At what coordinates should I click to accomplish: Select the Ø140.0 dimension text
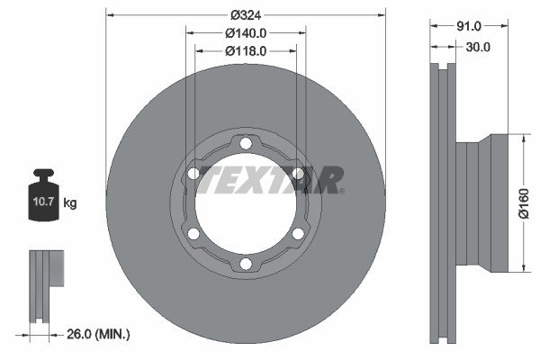click(x=245, y=32)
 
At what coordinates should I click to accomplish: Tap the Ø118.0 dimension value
click(x=245, y=50)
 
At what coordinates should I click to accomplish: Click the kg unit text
click(x=70, y=204)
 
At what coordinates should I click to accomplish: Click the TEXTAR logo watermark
click(x=270, y=179)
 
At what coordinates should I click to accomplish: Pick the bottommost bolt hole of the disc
click(x=245, y=264)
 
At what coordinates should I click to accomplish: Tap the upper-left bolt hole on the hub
click(x=193, y=174)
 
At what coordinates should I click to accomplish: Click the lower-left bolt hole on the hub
click(x=193, y=234)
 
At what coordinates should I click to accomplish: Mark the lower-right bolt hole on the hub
click(x=297, y=234)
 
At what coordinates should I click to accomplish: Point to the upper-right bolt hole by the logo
click(x=297, y=174)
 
